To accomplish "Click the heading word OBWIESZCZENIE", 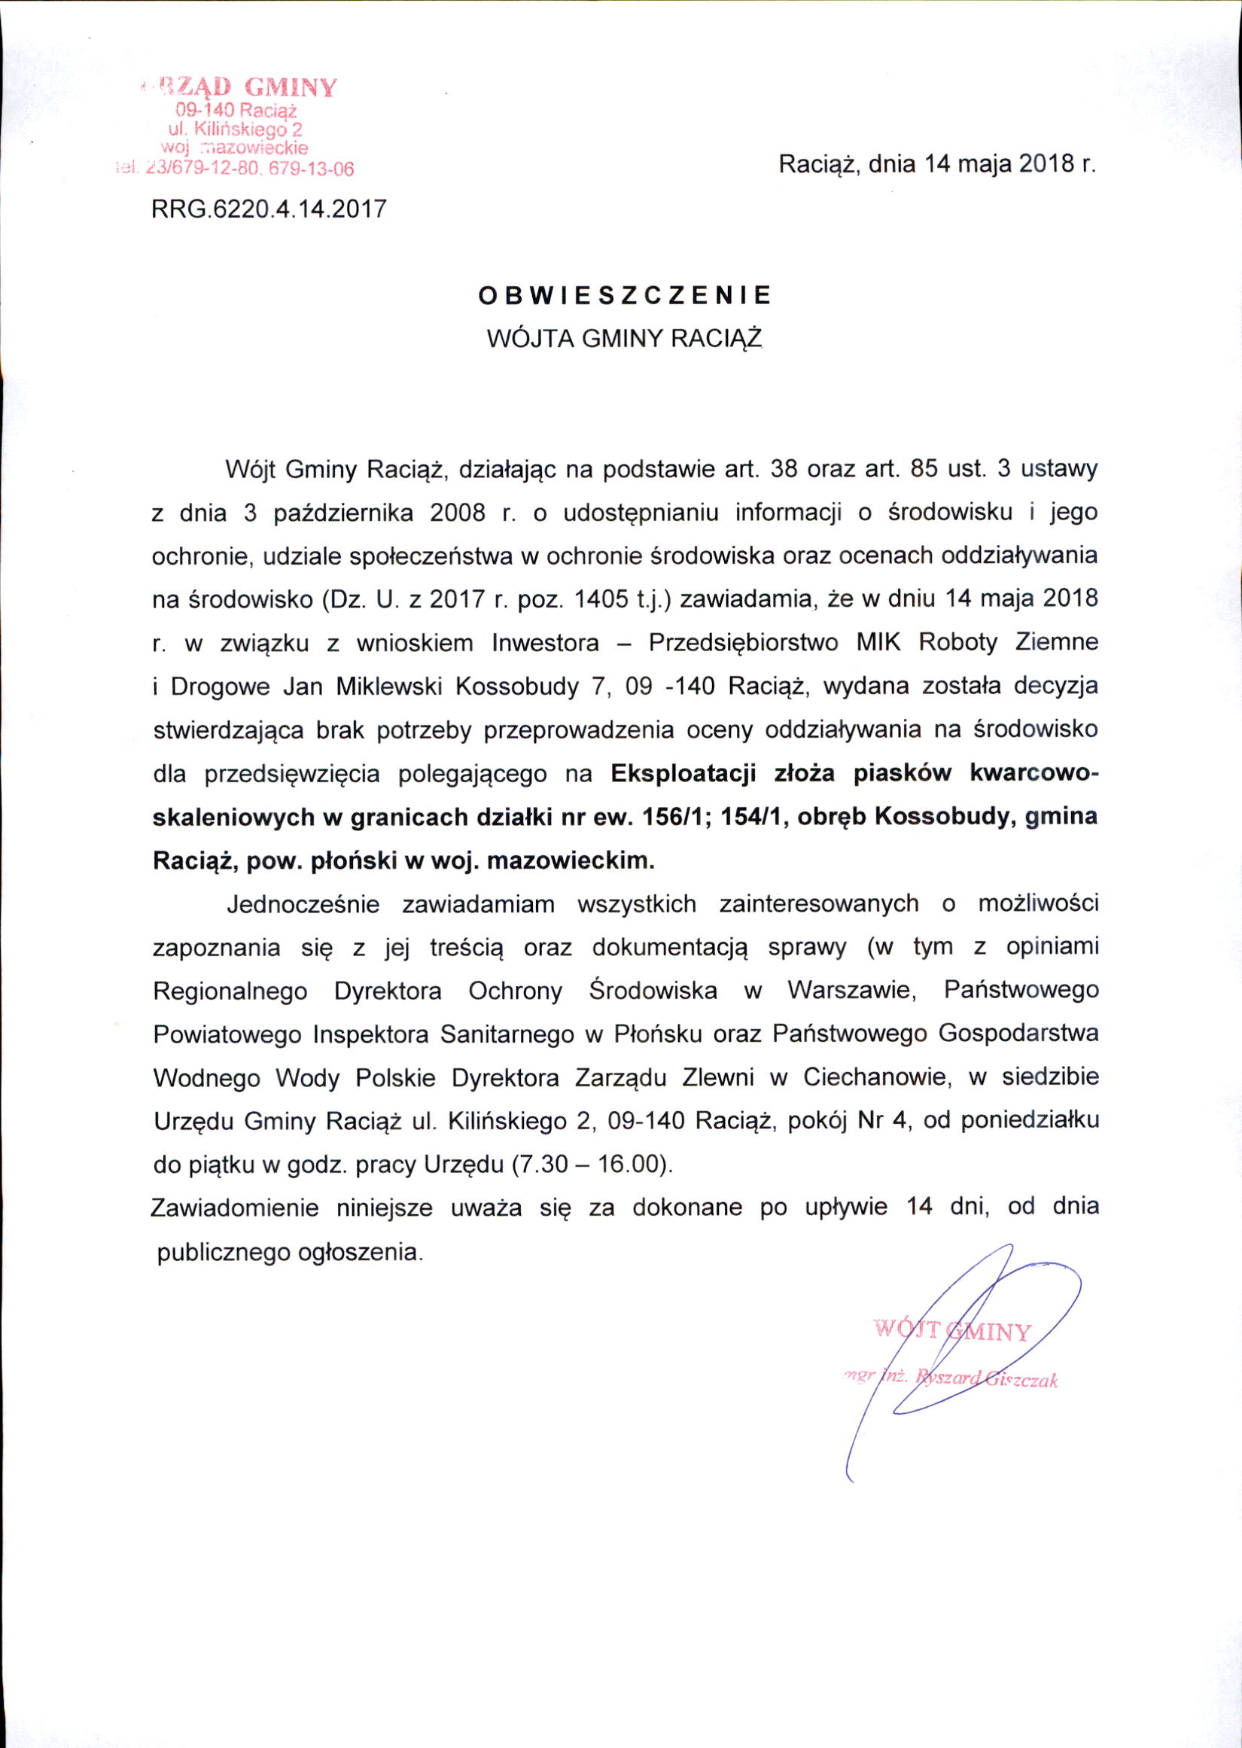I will (x=624, y=296).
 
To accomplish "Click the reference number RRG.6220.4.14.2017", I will (x=269, y=209).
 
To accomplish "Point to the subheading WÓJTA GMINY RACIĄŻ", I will (x=625, y=338).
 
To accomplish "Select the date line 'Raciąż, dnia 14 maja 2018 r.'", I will (x=937, y=165).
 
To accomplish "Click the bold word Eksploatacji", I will (x=683, y=774).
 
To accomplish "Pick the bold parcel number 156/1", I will (x=669, y=818).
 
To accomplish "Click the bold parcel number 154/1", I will (x=754, y=818).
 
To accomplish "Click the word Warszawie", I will (x=852, y=990).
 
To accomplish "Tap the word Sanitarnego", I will (x=506, y=1034).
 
